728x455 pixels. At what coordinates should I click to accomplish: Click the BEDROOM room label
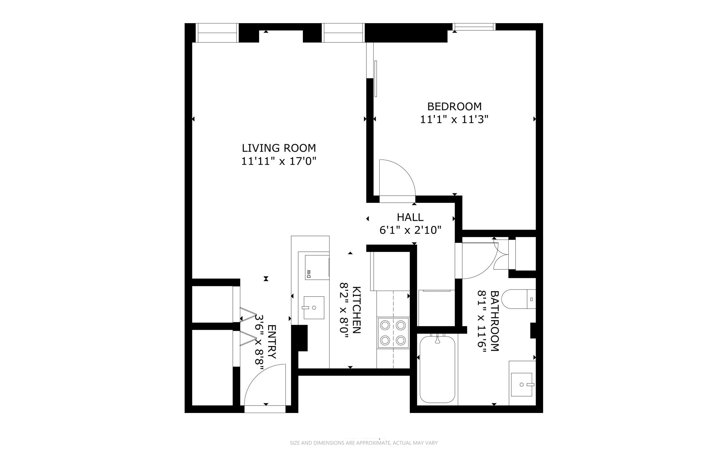(454, 106)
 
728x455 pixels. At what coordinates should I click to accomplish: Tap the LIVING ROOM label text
(279, 148)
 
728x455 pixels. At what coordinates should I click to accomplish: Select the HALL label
(410, 217)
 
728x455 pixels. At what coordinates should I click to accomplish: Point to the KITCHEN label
(357, 309)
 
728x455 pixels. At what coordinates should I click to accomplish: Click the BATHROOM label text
(494, 321)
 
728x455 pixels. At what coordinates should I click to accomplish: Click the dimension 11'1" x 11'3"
(454, 120)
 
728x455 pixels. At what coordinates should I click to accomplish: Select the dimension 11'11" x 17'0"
(279, 161)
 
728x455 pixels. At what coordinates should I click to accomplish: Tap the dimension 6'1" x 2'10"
(410, 230)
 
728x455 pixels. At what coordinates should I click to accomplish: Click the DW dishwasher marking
(309, 274)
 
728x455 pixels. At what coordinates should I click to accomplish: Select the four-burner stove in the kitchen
(393, 333)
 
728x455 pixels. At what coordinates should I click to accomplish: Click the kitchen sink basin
(314, 308)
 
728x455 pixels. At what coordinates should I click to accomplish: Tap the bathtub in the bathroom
(437, 370)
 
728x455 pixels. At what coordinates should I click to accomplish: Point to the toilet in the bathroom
(519, 299)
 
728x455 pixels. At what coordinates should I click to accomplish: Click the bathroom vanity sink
(521, 385)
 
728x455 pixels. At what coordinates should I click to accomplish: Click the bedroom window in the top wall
(474, 27)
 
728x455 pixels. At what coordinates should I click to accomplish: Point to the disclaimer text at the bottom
(364, 443)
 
